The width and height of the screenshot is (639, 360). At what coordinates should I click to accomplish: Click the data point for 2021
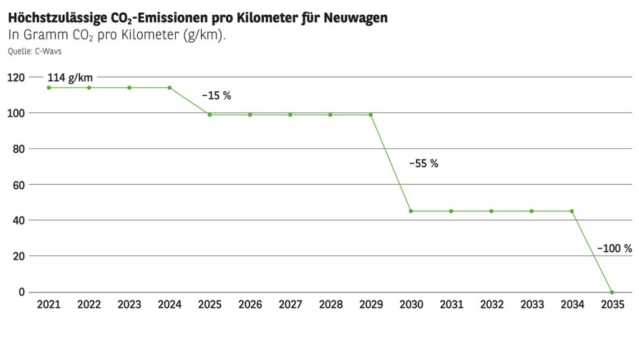[x=49, y=87]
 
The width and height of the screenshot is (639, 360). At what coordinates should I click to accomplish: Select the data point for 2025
[x=210, y=114]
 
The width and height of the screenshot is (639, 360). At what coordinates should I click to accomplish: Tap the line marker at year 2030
[x=410, y=211]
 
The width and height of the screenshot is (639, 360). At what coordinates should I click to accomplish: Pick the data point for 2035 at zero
[x=612, y=292]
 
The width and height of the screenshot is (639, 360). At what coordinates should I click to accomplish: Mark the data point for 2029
[x=371, y=114]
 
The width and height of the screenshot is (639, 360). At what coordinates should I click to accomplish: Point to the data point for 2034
[x=572, y=211]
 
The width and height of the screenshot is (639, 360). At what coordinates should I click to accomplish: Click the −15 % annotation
[x=216, y=96]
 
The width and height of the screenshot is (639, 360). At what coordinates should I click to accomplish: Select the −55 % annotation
[x=423, y=164]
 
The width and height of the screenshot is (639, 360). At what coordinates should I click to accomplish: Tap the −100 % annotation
[x=614, y=248]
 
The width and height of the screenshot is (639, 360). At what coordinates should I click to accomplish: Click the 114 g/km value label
[x=70, y=78]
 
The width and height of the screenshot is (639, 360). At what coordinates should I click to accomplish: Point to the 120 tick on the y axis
[x=16, y=78]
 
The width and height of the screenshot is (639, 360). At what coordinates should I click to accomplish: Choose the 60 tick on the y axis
[x=18, y=185]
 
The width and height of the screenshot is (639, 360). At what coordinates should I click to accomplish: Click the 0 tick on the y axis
[x=22, y=292]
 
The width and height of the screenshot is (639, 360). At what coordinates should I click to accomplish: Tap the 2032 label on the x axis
[x=491, y=305]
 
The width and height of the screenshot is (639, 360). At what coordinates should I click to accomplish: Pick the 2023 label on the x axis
[x=129, y=305]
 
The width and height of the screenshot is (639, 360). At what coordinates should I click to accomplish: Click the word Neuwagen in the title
[x=354, y=18]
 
